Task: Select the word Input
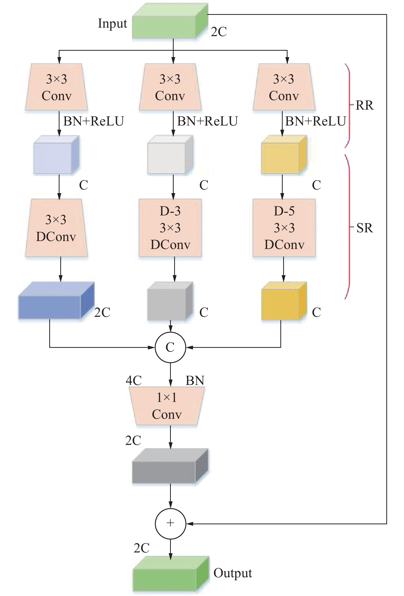click(113, 24)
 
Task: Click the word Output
click(232, 573)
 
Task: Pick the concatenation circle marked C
click(170, 347)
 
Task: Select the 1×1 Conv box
click(167, 406)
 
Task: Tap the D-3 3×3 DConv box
click(170, 228)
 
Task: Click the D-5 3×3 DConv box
click(284, 228)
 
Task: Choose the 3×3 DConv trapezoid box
click(56, 228)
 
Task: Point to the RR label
click(364, 105)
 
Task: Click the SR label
click(364, 228)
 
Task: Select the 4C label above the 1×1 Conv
click(134, 380)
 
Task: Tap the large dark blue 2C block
click(56, 301)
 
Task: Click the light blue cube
click(56, 155)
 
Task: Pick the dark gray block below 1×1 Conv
click(170, 466)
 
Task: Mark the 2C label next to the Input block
click(219, 32)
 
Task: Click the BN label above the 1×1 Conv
click(195, 380)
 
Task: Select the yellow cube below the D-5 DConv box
click(284, 301)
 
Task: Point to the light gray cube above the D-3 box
click(170, 155)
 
